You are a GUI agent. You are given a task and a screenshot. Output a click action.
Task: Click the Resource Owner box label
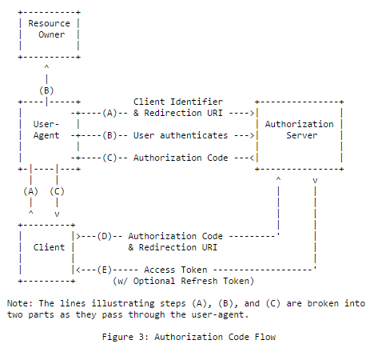(x=49, y=29)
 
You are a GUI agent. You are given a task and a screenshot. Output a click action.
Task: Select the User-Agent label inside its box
(x=46, y=130)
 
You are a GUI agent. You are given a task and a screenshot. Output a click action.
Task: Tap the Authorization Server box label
(x=299, y=130)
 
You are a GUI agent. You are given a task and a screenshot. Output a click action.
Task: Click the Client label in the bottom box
(x=49, y=247)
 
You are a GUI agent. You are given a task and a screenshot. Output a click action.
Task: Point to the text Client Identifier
(x=177, y=102)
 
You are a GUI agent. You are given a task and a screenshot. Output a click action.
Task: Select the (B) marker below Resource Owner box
(x=46, y=90)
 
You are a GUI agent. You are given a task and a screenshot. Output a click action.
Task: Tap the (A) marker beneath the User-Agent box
(x=30, y=191)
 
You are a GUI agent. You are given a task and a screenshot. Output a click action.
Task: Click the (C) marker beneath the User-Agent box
(x=57, y=191)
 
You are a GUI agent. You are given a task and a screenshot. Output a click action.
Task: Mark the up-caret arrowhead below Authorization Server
(x=277, y=181)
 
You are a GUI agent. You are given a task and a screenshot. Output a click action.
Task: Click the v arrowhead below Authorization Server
(x=315, y=181)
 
